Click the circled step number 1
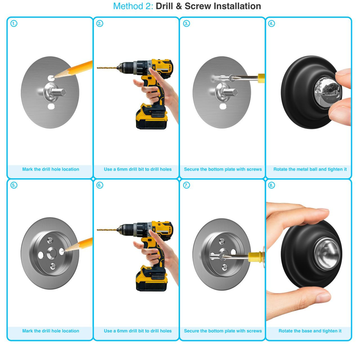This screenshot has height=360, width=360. click(x=14, y=24)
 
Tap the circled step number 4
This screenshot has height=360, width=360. click(x=271, y=24)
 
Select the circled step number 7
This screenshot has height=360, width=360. click(x=186, y=185)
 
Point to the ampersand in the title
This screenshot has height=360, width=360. click(x=179, y=6)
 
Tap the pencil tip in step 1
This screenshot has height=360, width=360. click(x=53, y=77)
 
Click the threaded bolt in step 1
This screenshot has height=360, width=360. click(x=58, y=92)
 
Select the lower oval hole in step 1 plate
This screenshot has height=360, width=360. click(x=51, y=107)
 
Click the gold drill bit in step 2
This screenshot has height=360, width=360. click(x=107, y=67)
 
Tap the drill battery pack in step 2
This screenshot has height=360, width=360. click(x=151, y=117)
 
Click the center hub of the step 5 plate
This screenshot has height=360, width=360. click(x=52, y=253)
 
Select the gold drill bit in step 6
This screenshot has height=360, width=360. click(x=107, y=229)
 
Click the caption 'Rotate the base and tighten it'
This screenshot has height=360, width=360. click(x=310, y=331)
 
